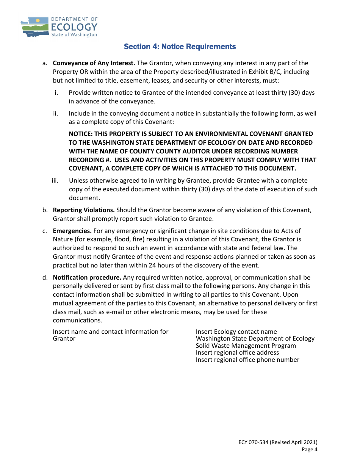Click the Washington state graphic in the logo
coord(34,27)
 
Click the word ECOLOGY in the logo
coord(74,27)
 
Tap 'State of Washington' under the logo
coord(74,35)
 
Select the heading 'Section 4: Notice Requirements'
coord(180,47)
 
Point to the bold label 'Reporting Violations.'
coord(83,210)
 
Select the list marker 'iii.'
coord(55,180)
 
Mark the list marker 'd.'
coord(45,277)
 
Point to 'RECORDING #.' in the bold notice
coord(88,160)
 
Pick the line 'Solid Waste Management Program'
coord(246,346)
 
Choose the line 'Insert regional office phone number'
coord(247,360)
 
